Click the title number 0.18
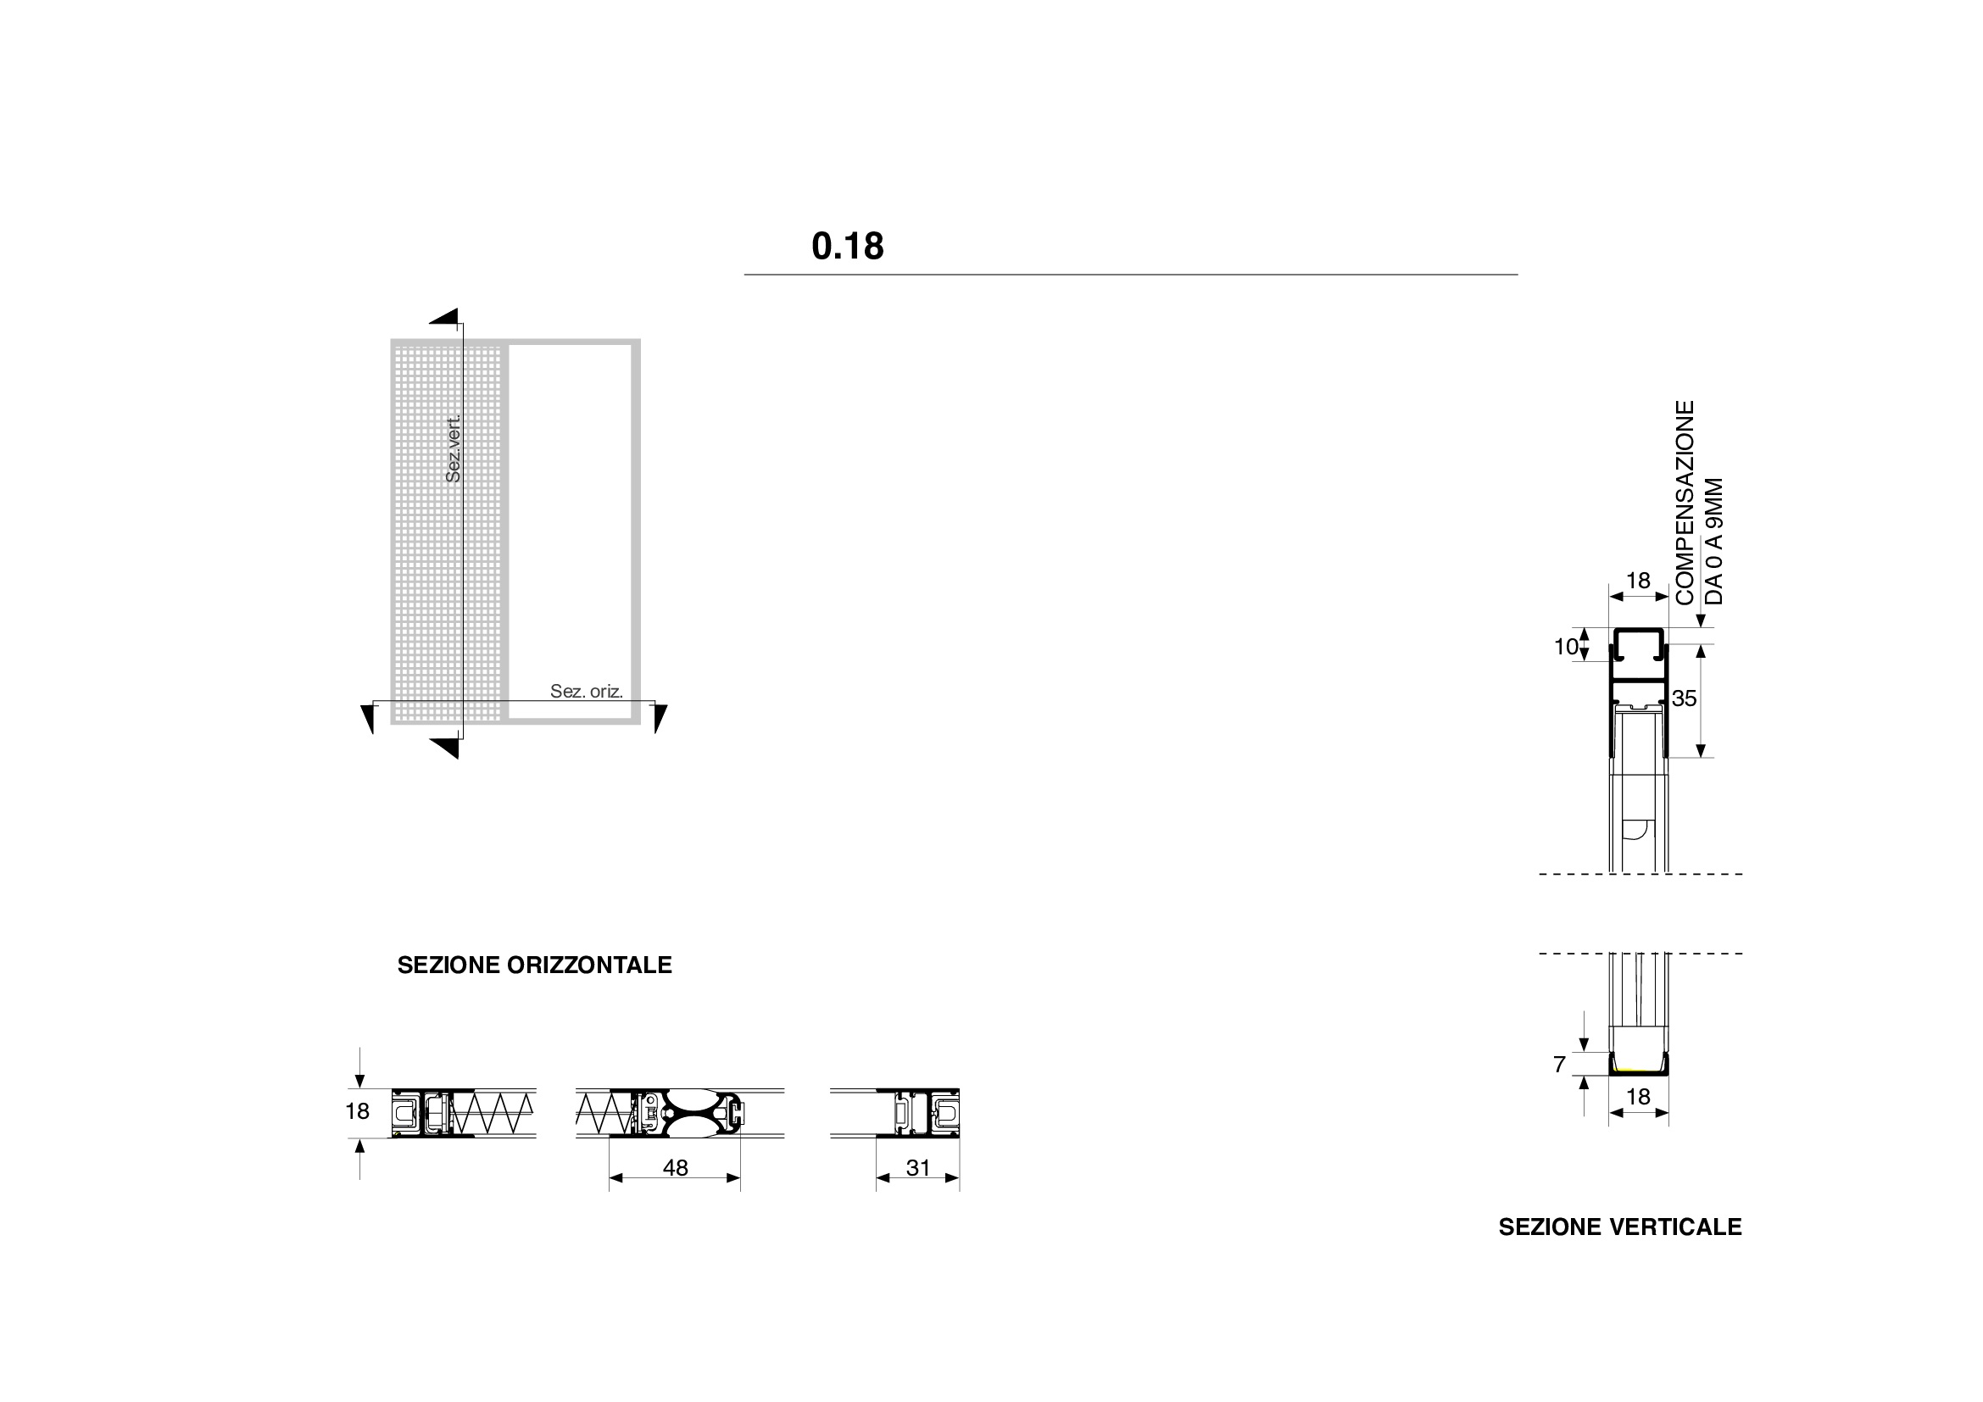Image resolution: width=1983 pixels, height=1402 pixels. (x=847, y=246)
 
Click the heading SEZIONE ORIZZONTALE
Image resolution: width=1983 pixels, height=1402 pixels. (x=535, y=965)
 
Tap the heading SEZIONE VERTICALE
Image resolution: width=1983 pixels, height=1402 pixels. (x=1620, y=1227)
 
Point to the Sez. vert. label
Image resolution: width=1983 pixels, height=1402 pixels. (x=454, y=448)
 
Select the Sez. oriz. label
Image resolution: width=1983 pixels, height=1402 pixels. (x=587, y=691)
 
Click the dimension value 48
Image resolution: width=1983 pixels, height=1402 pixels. (x=676, y=1168)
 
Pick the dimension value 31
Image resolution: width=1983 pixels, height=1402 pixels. (x=918, y=1168)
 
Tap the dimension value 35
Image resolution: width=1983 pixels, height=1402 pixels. (x=1685, y=698)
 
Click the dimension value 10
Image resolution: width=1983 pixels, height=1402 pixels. (x=1566, y=647)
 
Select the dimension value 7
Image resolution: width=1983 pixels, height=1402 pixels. (x=1559, y=1065)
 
